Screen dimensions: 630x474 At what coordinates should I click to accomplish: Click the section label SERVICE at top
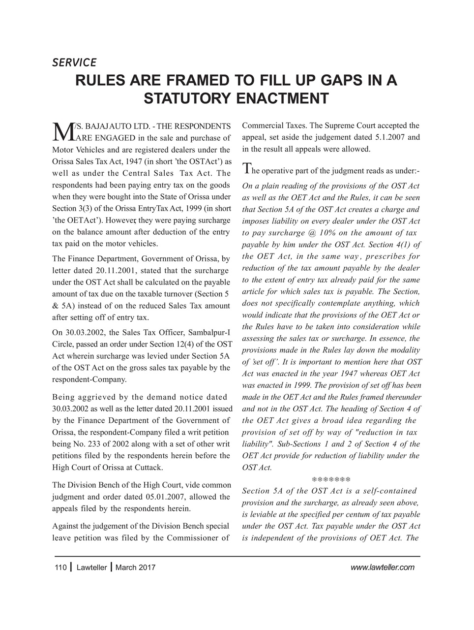click(74, 63)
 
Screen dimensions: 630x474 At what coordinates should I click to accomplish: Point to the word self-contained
click(391, 491)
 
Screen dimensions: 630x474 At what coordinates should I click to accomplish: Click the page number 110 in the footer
click(60, 567)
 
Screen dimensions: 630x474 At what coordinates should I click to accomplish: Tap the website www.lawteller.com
click(383, 567)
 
